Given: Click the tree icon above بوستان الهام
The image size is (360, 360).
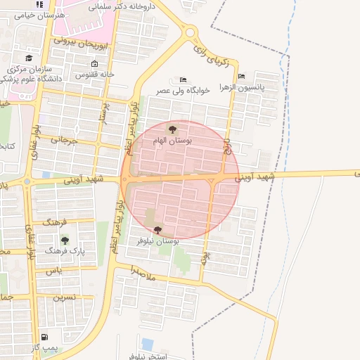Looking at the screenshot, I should tap(172, 129).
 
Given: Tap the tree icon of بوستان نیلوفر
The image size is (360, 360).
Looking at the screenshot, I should tap(156, 229).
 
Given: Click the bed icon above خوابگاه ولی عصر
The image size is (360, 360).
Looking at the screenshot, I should tap(184, 79).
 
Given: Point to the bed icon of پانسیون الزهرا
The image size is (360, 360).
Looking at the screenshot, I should tap(242, 77).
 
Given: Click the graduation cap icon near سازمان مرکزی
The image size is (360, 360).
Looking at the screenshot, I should tap(29, 58).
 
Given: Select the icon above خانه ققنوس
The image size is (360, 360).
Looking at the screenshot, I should tap(94, 64).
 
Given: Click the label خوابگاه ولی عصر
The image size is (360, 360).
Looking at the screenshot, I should tap(184, 90).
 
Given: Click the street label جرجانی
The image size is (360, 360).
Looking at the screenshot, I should tap(61, 141).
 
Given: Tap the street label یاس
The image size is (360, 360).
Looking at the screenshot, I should tap(55, 270).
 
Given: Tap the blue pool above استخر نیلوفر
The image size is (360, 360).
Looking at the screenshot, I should tap(147, 344).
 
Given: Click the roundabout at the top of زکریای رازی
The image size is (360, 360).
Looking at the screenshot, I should tap(189, 32).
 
